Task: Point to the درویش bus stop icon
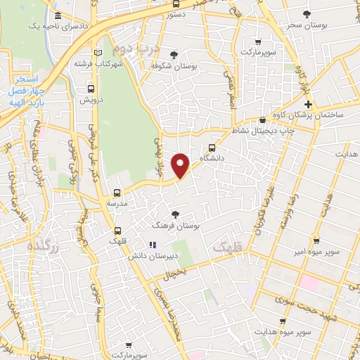[91, 89]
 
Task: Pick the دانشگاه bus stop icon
[213, 147]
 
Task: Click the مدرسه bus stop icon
[117, 192]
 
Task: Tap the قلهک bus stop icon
[117, 231]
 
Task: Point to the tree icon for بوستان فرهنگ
[175, 214]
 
